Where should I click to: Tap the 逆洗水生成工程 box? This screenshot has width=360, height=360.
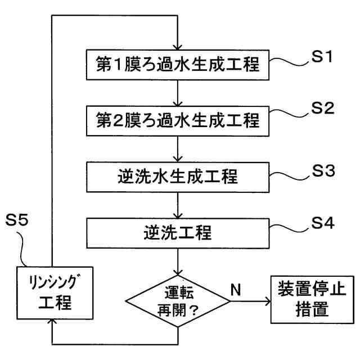coord(178,177)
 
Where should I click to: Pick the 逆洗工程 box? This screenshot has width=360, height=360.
coord(178,231)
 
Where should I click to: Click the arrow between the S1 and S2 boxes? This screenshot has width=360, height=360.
coord(178,93)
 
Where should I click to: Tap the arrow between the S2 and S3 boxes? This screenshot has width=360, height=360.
coord(178,148)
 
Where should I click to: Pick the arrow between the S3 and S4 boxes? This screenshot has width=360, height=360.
coord(178,204)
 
